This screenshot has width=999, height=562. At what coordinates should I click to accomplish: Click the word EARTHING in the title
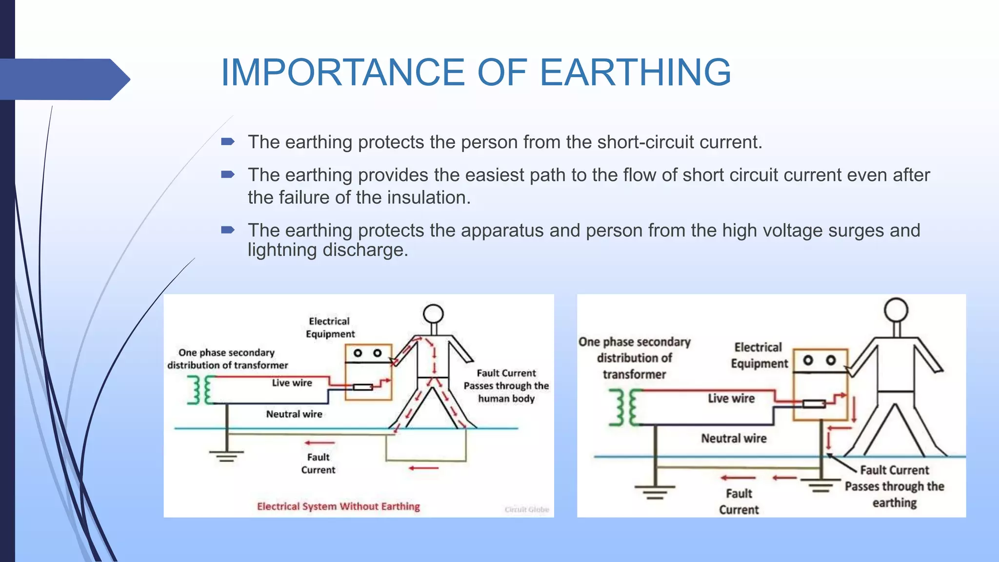(635, 72)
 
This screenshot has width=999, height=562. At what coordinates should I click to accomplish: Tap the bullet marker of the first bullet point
(228, 142)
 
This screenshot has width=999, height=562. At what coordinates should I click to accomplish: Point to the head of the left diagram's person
(433, 314)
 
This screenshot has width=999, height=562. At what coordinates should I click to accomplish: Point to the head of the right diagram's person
(896, 310)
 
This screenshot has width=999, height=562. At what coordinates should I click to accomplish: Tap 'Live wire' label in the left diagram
(292, 383)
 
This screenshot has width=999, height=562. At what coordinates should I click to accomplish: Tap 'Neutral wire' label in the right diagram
(734, 438)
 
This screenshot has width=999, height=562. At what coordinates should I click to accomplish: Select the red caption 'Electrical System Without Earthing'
(338, 506)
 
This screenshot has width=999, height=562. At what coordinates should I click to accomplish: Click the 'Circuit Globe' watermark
(526, 509)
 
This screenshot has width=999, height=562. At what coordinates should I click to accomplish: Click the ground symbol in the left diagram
(226, 456)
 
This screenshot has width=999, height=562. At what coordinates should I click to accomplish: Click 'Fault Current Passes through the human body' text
(506, 386)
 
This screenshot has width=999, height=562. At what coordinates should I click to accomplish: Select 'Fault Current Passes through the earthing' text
(894, 486)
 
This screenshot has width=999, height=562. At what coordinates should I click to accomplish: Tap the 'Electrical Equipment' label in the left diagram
(330, 327)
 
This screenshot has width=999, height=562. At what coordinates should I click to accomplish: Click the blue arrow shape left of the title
(63, 79)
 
